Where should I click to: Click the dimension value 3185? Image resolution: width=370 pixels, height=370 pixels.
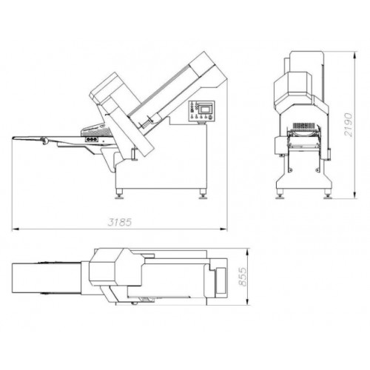[x=120, y=222]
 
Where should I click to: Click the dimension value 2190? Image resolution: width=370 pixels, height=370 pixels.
[x=349, y=124]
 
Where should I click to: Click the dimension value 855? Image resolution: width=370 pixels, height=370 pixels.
[x=243, y=277]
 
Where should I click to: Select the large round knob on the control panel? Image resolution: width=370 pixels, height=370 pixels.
[x=210, y=118]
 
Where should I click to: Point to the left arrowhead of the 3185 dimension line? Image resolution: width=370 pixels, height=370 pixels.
[x=15, y=229]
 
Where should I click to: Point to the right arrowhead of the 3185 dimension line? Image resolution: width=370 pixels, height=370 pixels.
[x=223, y=229]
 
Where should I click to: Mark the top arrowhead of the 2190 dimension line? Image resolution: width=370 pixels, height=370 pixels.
[x=354, y=55]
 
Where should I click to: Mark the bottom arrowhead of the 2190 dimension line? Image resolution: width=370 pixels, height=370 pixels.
[x=354, y=195]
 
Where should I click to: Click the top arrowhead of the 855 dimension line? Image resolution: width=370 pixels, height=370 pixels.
[x=247, y=252]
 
